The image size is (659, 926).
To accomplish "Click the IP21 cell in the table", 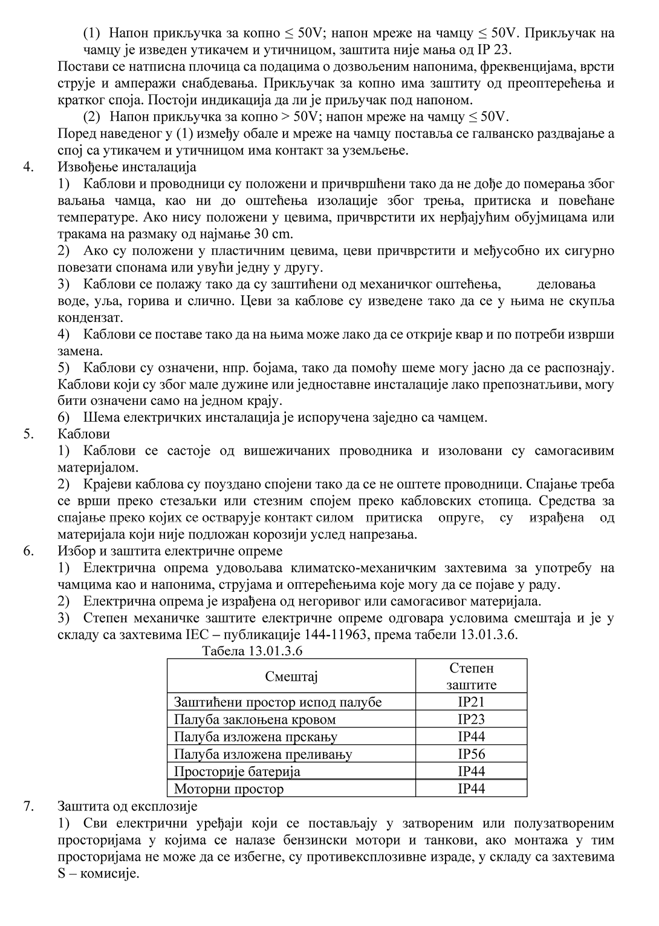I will (471, 702).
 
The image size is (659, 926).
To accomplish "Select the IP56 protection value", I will (471, 754).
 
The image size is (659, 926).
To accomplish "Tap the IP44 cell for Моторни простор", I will (471, 789).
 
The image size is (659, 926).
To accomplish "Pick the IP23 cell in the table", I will (471, 720).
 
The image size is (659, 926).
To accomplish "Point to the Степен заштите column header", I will (471, 676).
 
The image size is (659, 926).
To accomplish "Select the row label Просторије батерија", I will (237, 772).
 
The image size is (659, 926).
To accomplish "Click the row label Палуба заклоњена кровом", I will (255, 720).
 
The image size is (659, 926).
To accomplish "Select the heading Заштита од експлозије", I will (128, 806).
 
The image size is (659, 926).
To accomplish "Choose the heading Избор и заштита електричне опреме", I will (170, 551).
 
